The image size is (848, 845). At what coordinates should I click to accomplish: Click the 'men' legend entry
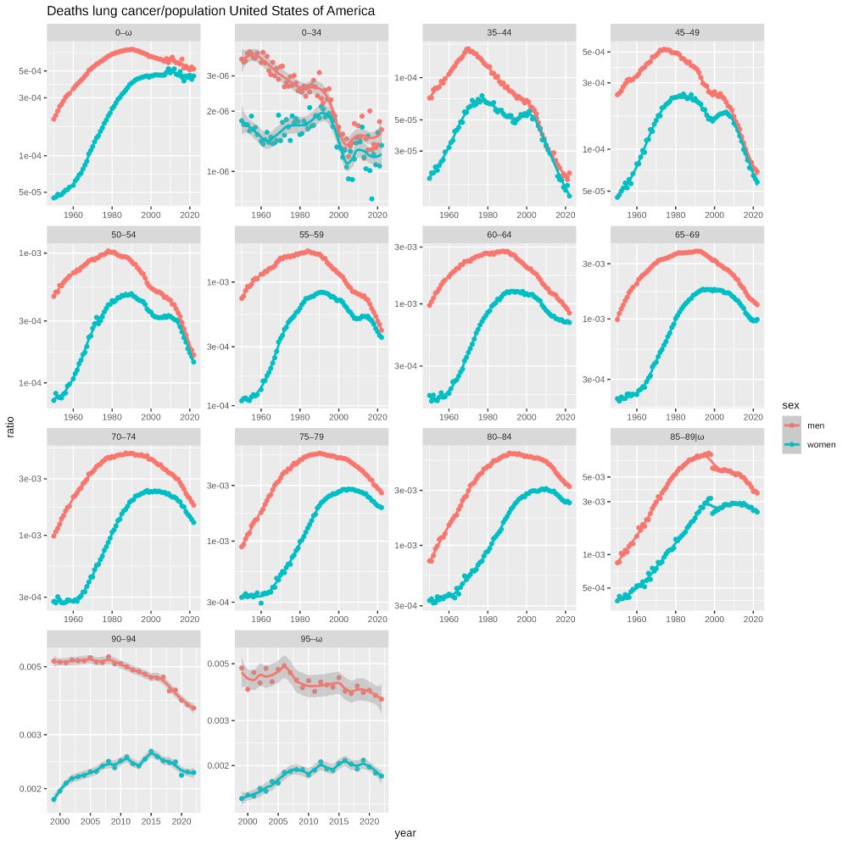point(815,425)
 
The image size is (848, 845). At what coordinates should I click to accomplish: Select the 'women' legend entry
point(820,444)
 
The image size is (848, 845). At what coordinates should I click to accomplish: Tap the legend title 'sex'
point(790,405)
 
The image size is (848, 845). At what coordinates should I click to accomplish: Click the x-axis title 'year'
point(405,833)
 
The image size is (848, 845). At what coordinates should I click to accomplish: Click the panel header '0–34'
point(310,32)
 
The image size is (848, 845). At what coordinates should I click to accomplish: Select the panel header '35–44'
point(499,32)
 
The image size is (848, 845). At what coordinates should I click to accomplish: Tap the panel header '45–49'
point(687,32)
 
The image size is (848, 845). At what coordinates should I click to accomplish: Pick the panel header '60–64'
point(499,234)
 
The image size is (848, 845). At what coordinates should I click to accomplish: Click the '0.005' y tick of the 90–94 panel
point(30,667)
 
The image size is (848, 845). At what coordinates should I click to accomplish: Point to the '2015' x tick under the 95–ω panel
point(338,822)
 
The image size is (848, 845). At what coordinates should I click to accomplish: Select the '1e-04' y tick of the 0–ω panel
point(30,156)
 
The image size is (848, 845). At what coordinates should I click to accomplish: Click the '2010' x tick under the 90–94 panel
point(120,822)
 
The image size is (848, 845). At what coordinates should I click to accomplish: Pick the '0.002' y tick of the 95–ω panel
point(218,765)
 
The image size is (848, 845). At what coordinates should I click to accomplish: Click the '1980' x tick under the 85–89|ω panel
point(675,620)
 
